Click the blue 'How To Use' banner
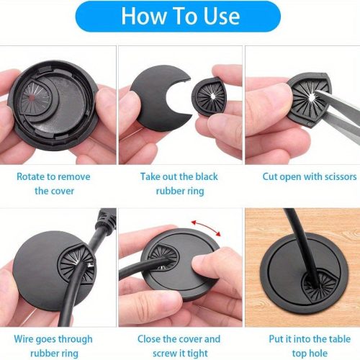[x=178, y=17]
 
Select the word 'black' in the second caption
[x=207, y=176]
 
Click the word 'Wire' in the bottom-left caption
[x=22, y=339]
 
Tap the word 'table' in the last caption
[x=338, y=339]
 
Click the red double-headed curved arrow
[x=206, y=227]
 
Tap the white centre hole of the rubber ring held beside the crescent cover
[x=212, y=96]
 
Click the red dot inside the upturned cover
[x=32, y=97]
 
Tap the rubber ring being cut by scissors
[x=308, y=99]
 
